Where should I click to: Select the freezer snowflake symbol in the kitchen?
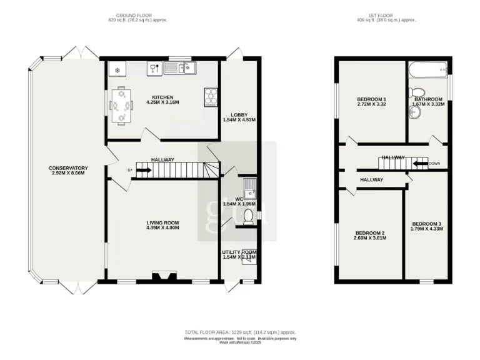[117, 68]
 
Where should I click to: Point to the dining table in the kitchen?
[121, 106]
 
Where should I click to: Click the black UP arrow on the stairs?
[142, 169]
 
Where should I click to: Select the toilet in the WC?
[248, 216]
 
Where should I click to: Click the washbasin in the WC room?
[249, 184]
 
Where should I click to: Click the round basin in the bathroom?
[414, 112]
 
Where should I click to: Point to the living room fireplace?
[164, 276]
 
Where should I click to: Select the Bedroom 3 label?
[426, 224]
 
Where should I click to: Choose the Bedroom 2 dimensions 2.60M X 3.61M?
[369, 238]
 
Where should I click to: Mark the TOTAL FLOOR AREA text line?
[239, 332]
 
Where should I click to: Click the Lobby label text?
[239, 114]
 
